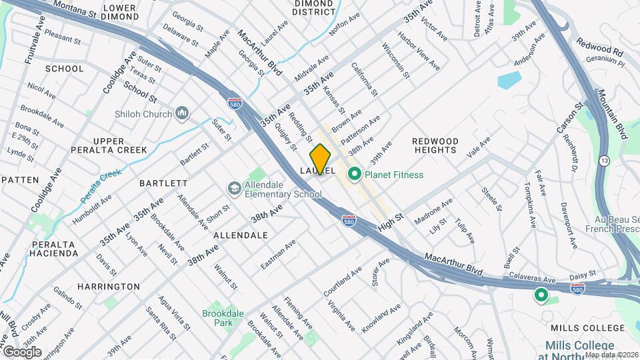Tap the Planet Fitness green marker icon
coord(354,175)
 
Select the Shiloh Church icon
coord(182,114)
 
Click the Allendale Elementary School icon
coord(234,189)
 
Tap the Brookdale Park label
coord(222,317)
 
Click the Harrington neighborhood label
coord(109,287)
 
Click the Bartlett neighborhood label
coord(164,183)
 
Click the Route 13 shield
coord(603,161)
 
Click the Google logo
coord(22,352)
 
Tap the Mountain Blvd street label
coord(613,113)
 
